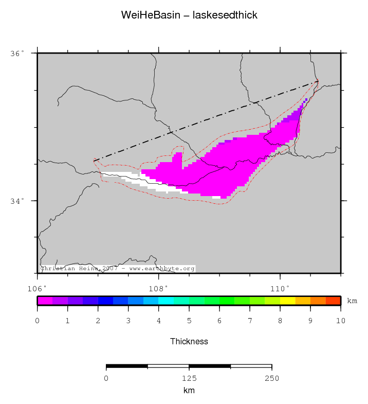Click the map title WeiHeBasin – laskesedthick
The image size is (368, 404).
tap(189, 15)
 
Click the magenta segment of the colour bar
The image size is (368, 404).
tap(45, 301)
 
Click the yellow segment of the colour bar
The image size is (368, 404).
tap(287, 301)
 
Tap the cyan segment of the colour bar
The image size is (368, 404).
tap(166, 301)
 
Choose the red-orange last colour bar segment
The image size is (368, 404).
tap(333, 301)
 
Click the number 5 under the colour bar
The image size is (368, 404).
tap(189, 321)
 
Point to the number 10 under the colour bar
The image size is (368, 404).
tap(341, 321)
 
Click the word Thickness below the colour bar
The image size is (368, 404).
tap(189, 341)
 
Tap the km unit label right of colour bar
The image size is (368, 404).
tap(352, 301)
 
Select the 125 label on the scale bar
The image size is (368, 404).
tap(189, 379)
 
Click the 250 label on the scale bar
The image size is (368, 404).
tap(271, 379)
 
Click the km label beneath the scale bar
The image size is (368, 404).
tap(189, 391)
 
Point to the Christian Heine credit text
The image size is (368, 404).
tap(118, 269)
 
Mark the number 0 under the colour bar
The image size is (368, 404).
tap(38, 321)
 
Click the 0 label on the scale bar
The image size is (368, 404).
tap(106, 379)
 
